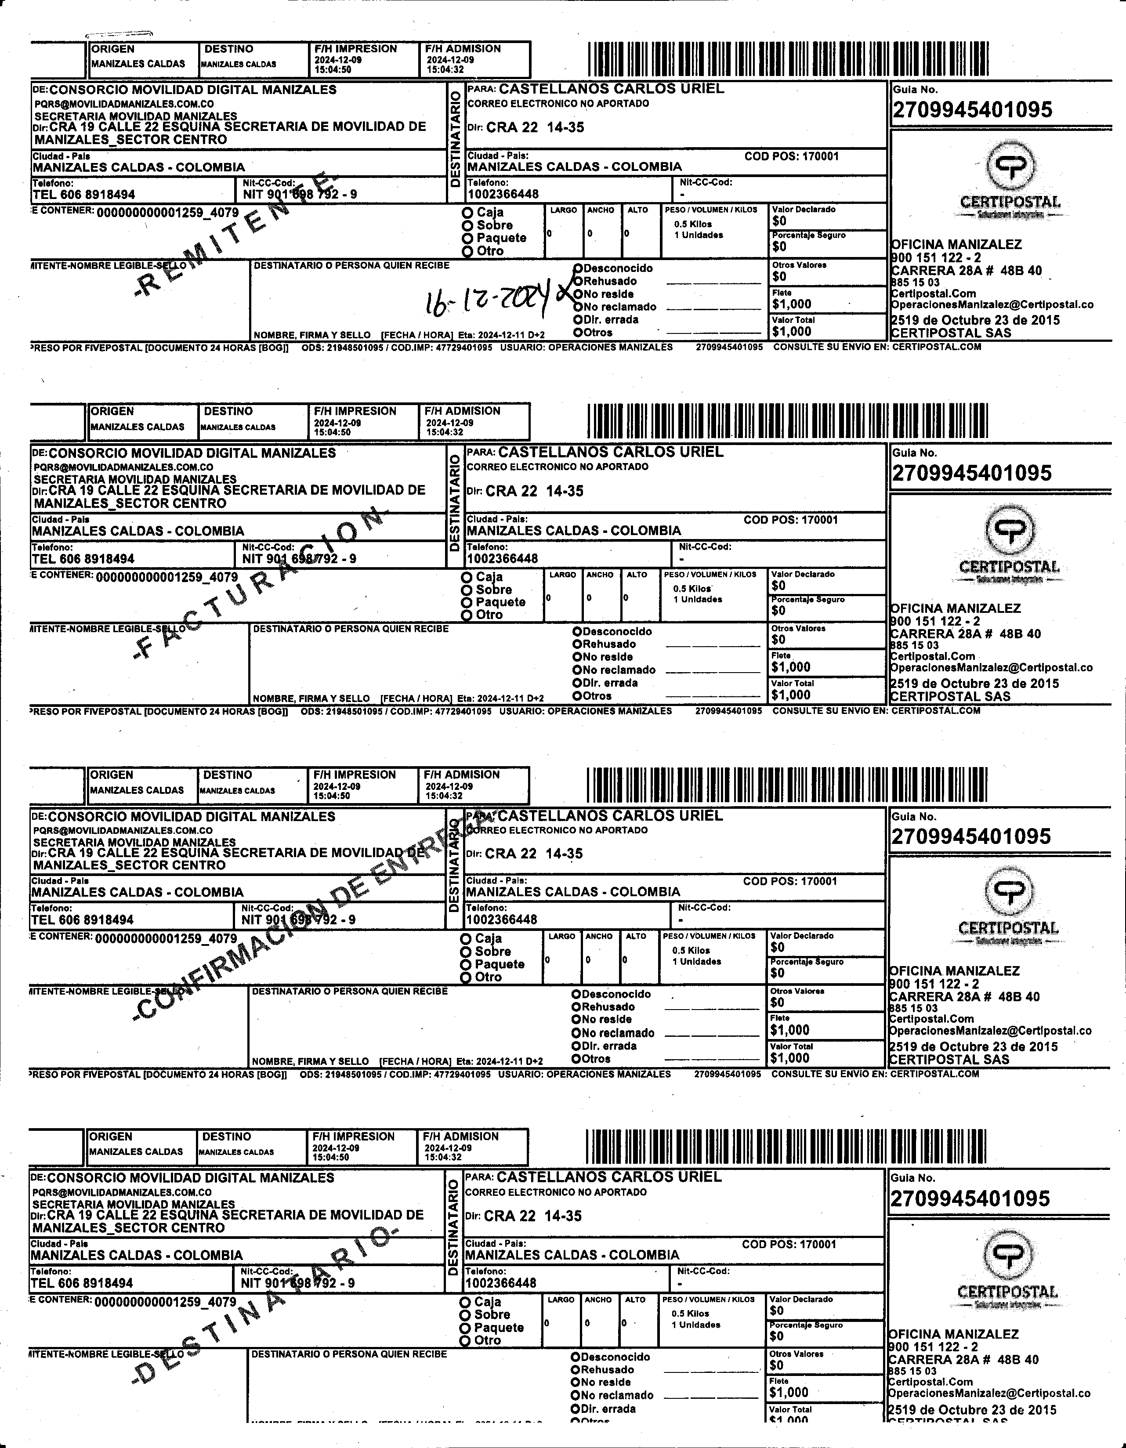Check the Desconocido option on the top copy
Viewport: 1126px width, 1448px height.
pos(578,268)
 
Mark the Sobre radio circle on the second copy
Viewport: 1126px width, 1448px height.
pos(467,590)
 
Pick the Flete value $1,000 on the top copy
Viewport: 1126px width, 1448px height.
pos(791,304)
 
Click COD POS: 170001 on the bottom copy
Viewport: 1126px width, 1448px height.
pos(789,1245)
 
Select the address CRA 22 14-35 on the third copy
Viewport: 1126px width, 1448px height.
pos(533,854)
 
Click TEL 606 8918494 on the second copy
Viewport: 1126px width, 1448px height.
pos(83,559)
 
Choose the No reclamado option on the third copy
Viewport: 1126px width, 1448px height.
pos(577,1033)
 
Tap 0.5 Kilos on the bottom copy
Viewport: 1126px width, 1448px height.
pos(690,1314)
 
